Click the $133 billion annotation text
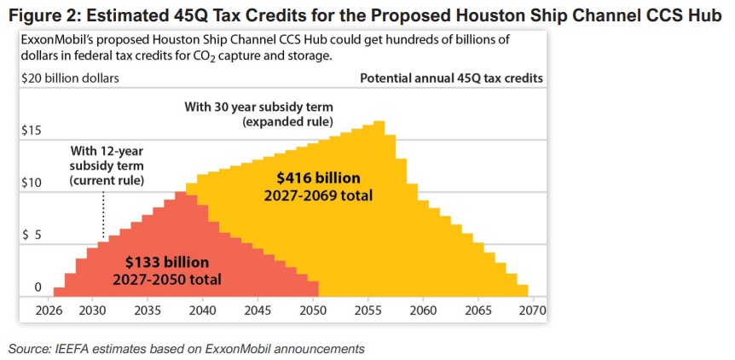click(167, 262)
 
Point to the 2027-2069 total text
click(319, 195)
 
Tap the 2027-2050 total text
click(167, 279)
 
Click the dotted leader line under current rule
click(103, 213)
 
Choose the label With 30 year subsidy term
click(259, 107)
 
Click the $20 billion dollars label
click(69, 78)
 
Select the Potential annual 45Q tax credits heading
click(451, 78)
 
